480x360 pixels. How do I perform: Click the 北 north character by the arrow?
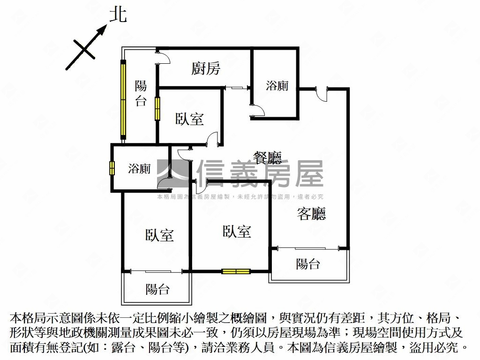click(118, 15)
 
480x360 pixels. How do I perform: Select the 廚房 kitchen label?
click(206, 69)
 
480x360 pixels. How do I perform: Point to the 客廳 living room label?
click(312, 214)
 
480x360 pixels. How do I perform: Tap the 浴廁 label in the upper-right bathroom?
click(277, 86)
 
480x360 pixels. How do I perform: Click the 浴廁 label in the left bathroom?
click(139, 169)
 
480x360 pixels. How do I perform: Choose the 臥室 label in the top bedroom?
click(190, 119)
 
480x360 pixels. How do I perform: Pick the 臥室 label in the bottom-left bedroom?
click(159, 235)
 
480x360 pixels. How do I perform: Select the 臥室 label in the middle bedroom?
click(237, 232)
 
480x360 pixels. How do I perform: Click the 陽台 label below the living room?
click(308, 264)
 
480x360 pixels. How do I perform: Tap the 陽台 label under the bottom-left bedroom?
click(157, 289)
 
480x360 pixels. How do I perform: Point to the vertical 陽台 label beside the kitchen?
click(141, 93)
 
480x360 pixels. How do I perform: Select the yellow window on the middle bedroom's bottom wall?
click(236, 271)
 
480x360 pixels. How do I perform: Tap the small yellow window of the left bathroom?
click(112, 168)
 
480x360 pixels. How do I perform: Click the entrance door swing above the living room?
click(323, 93)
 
